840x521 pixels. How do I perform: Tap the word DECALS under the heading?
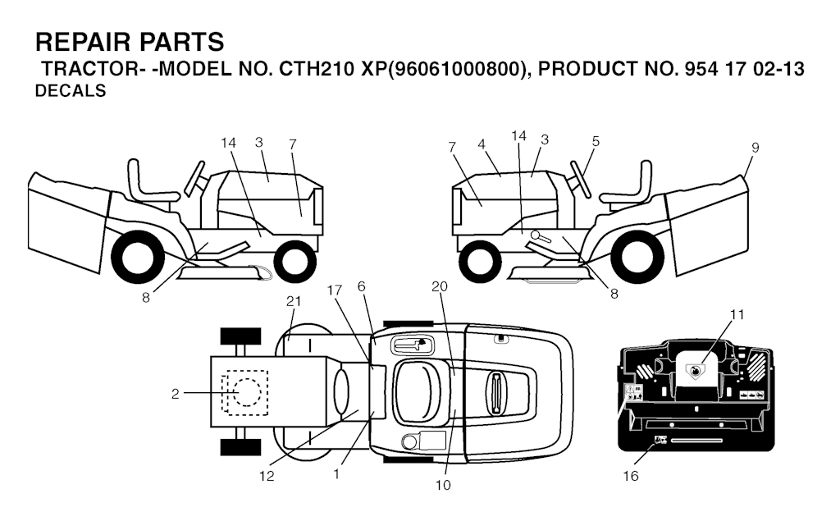click(x=71, y=91)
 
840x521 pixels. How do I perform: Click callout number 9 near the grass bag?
click(x=755, y=148)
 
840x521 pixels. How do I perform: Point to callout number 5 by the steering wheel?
click(x=596, y=141)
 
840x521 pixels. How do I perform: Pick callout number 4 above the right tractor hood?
click(x=482, y=144)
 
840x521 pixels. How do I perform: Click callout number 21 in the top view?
click(x=294, y=301)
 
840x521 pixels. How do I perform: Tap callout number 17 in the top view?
click(x=335, y=290)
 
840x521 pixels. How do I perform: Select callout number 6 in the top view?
click(x=362, y=287)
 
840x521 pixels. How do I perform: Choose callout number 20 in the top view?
click(x=440, y=287)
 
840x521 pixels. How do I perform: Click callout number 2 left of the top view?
click(x=176, y=394)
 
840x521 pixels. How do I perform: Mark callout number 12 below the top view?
click(x=267, y=476)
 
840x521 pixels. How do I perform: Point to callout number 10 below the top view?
click(x=443, y=485)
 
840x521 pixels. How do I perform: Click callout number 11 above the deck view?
click(x=737, y=314)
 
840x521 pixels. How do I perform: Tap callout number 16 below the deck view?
click(x=631, y=476)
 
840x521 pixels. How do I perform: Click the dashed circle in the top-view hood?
click(x=247, y=392)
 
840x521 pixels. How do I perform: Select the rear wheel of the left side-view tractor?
click(x=138, y=257)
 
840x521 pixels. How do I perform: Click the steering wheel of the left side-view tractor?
click(x=194, y=179)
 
